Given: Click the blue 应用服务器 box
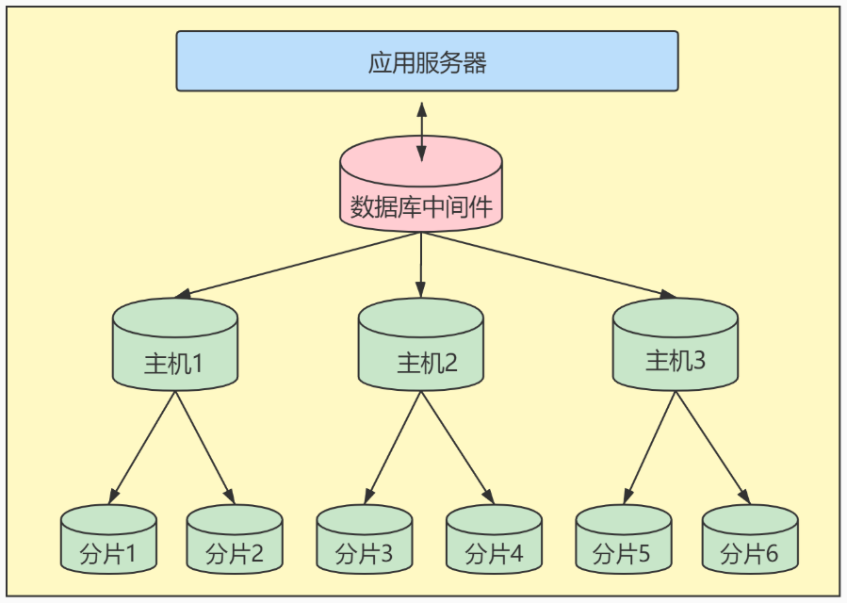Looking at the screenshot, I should coord(427,61).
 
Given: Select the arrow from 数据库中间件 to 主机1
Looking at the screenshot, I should coord(300,265).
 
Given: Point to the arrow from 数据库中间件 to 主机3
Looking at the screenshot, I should coord(548,265).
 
